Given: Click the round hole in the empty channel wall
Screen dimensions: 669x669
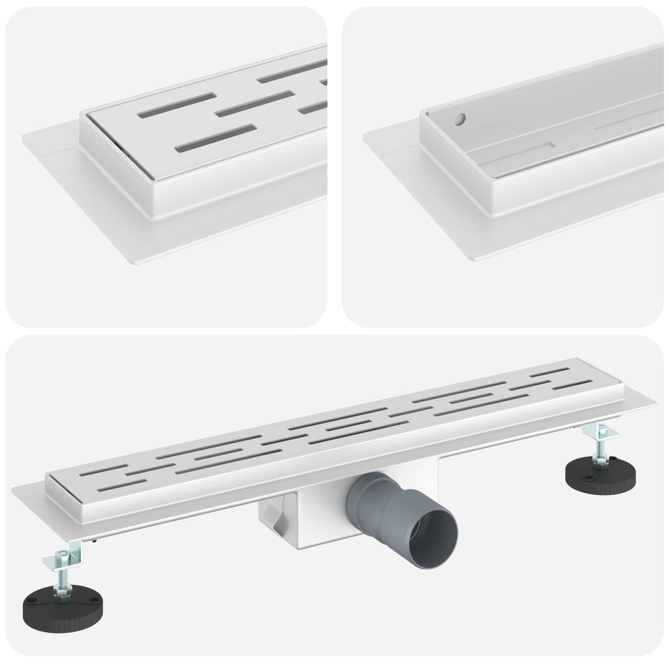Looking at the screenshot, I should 460,120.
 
